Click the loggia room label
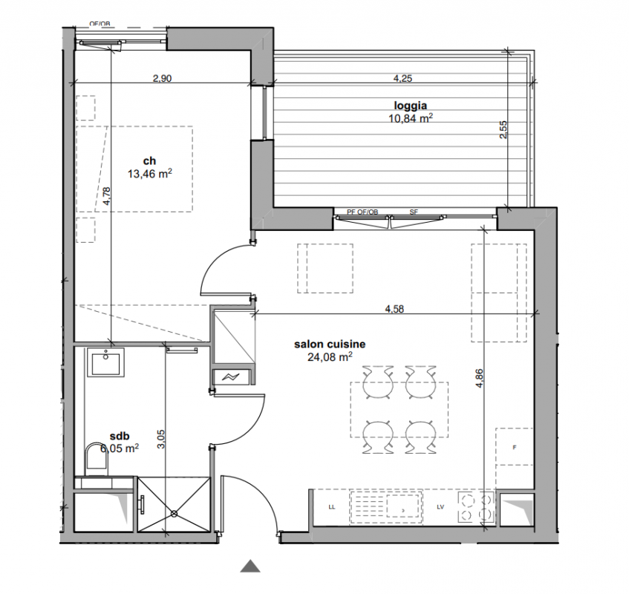coord(410,106)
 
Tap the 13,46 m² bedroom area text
coord(149,173)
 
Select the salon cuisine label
coord(330,344)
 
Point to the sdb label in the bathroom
coord(120,436)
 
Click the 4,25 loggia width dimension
coord(403,79)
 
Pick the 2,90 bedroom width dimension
coord(162,78)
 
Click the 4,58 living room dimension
coord(394,309)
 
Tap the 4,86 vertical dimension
coord(480,378)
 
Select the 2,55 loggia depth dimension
coord(503,130)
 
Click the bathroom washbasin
coord(106,362)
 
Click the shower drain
coord(174,513)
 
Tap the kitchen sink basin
coord(403,507)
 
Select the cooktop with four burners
coord(476,507)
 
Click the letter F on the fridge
coord(515,448)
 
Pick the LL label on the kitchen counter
coord(332,507)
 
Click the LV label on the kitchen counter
coord(440,507)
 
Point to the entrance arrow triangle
coord(250,566)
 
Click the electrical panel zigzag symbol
coord(232,376)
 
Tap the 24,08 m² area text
coord(330,356)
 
